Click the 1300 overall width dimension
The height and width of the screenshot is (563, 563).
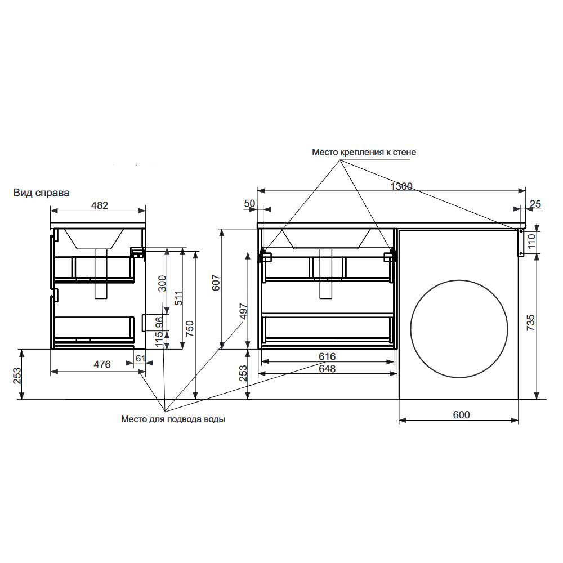pos(401,186)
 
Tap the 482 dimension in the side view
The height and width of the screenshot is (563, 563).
pos(100,205)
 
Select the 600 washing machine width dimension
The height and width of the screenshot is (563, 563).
pos(462,415)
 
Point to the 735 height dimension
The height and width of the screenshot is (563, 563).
pos(530,323)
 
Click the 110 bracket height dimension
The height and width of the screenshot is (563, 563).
pos(531,241)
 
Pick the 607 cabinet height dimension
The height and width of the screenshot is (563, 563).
pos(216,283)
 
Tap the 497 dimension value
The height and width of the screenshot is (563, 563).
pos(244,312)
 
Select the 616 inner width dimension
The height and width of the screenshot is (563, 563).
pos(327,356)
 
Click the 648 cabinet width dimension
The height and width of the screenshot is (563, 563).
pos(327,369)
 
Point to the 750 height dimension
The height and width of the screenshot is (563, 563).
pos(189,328)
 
